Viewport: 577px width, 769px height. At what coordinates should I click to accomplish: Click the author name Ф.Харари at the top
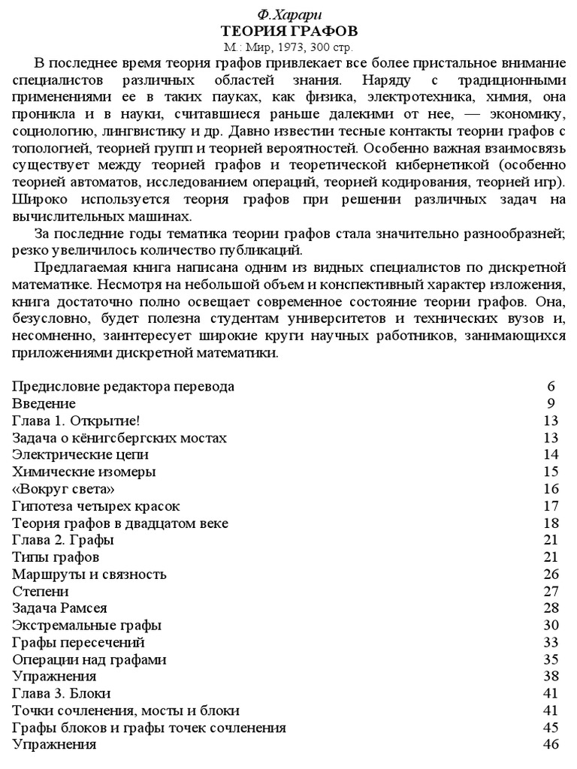(x=288, y=16)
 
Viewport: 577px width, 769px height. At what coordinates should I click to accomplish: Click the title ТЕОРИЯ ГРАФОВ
(x=288, y=32)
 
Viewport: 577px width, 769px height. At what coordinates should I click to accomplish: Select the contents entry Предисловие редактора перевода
(x=123, y=387)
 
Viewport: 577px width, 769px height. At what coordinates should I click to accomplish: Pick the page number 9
(x=551, y=404)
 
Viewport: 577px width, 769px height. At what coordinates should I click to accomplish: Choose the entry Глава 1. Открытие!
(x=76, y=421)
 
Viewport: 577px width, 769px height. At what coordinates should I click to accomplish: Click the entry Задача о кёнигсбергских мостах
(x=119, y=438)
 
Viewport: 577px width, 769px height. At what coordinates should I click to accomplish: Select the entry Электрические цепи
(x=80, y=455)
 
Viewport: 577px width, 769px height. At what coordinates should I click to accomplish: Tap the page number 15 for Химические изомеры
(x=551, y=472)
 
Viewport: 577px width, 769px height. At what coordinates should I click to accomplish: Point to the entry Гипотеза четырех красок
(x=96, y=507)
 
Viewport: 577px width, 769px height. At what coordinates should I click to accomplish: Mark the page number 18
(x=551, y=523)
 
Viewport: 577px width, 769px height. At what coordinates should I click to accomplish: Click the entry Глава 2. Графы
(x=63, y=541)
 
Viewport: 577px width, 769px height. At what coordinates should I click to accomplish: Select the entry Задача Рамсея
(x=60, y=608)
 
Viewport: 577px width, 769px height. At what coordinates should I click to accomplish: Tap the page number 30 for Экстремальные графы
(x=551, y=626)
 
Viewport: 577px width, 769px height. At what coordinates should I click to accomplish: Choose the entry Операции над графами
(x=89, y=660)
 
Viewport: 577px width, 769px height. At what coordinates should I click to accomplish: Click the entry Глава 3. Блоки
(x=62, y=694)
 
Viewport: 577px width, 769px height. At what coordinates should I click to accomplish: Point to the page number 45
(x=551, y=728)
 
